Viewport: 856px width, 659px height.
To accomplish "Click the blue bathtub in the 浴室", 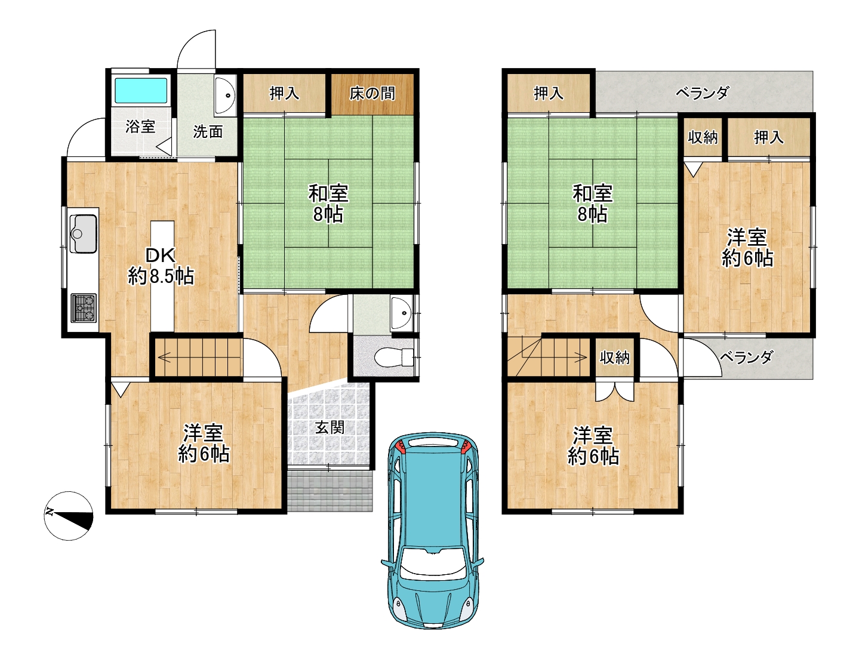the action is click(x=141, y=91).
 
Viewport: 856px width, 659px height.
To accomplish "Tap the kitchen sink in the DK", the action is click(x=83, y=233).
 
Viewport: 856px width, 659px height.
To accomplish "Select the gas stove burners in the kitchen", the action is click(x=84, y=308).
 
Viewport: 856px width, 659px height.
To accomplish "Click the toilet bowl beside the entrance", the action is click(x=393, y=358).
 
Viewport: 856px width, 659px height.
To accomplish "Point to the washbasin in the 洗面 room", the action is click(x=225, y=96).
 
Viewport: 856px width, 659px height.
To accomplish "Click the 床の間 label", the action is click(x=372, y=94).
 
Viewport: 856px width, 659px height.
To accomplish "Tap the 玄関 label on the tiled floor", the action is click(x=330, y=427).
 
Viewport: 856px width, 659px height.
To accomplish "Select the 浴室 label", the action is click(x=141, y=127).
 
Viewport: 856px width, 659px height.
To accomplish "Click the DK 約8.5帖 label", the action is click(x=161, y=266).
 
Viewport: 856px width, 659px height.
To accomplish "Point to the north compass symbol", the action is click(x=69, y=516).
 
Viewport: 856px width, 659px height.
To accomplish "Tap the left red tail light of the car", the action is click(x=401, y=445).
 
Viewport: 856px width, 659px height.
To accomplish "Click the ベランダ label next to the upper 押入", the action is click(x=703, y=93).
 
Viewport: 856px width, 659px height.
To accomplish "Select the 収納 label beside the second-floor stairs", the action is click(x=615, y=358).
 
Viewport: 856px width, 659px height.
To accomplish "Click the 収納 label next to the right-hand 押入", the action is click(x=703, y=137).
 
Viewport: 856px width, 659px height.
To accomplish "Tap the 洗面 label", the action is click(x=208, y=131).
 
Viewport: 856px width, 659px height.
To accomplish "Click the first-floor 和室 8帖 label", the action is click(x=328, y=204).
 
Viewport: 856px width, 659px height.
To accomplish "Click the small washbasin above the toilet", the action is click(x=401, y=313).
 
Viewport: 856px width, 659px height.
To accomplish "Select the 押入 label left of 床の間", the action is click(x=284, y=94).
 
